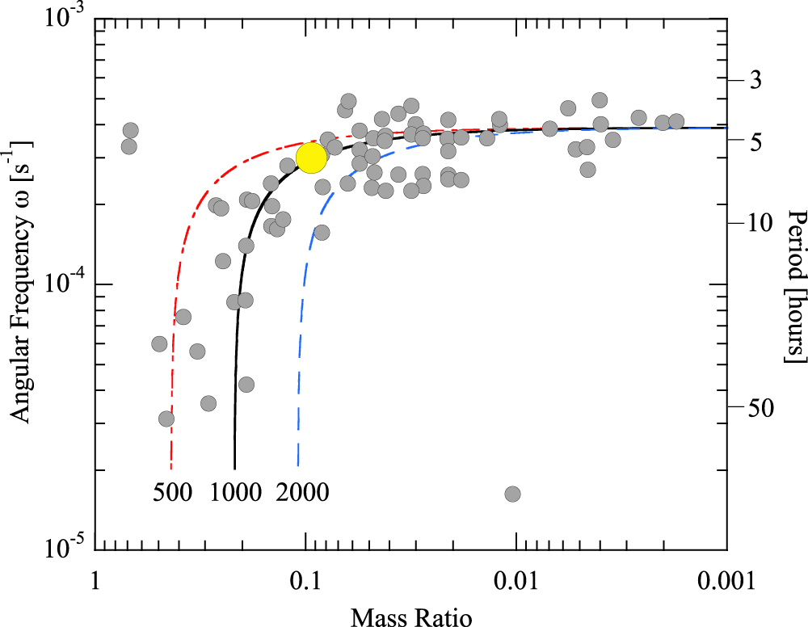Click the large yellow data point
click(311, 158)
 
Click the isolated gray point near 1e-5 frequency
click(512, 494)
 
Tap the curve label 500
click(172, 492)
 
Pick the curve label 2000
click(302, 492)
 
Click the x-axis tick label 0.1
click(305, 579)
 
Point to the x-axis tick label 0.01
click(516, 579)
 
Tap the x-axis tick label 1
click(95, 579)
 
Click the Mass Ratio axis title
click(411, 616)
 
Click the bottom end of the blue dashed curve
click(297, 466)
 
